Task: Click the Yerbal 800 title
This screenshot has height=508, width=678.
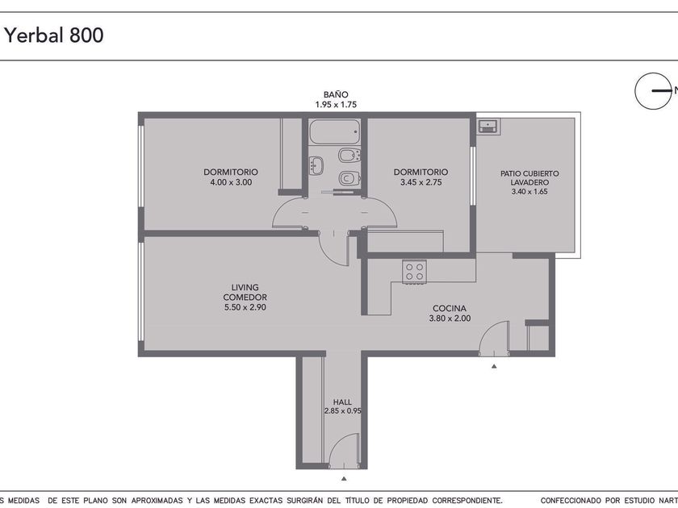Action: [x=54, y=35]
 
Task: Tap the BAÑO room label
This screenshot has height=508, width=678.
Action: [x=336, y=94]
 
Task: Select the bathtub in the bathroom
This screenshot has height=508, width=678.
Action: [x=334, y=131]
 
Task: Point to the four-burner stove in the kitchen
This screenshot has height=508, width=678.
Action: [x=415, y=272]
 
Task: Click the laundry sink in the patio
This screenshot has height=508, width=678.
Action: [x=488, y=127]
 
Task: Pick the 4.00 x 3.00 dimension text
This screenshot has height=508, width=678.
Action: [x=231, y=182]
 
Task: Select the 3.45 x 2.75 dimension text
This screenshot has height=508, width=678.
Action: [x=421, y=182]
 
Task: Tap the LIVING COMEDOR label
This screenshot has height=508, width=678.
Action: [x=245, y=293]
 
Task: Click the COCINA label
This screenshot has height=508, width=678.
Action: [x=450, y=308]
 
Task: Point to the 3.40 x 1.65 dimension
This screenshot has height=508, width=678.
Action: [x=529, y=192]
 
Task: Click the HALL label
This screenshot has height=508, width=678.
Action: [x=342, y=402]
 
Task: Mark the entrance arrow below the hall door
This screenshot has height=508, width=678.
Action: [x=344, y=479]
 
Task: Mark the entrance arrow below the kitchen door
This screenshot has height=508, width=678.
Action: [x=494, y=366]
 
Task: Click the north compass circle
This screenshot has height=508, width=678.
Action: [x=653, y=90]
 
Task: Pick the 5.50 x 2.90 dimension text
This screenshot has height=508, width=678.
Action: [x=245, y=307]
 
